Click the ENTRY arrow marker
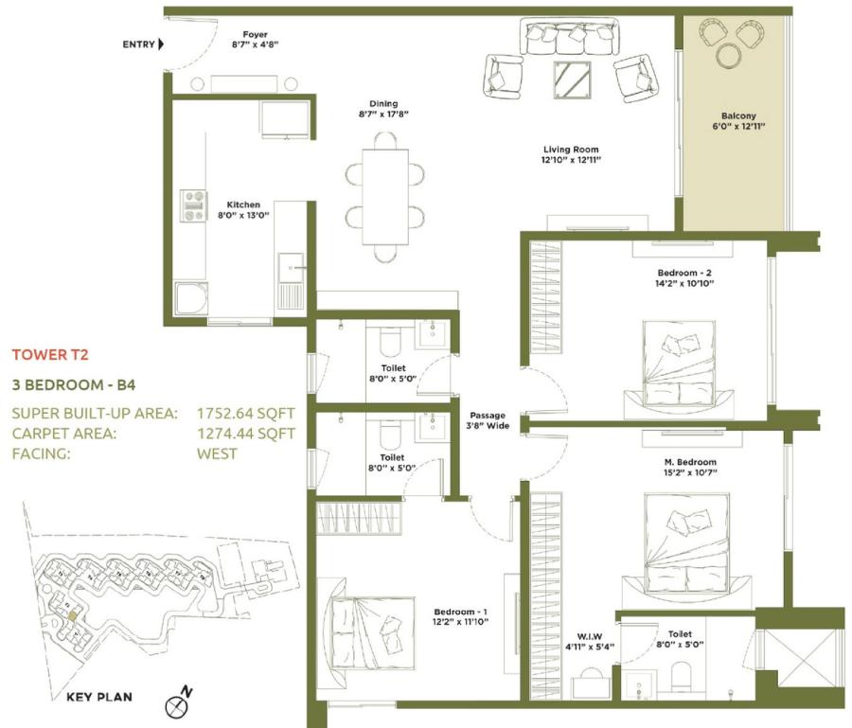pos(161,44)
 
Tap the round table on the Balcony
pos(730,56)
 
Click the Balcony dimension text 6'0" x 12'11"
pos(737,124)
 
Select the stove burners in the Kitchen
pos(194,205)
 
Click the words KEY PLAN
pos(99,698)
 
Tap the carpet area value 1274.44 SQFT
pos(245,434)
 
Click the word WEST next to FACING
pos(217,453)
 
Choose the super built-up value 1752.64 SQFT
pos(245,413)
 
